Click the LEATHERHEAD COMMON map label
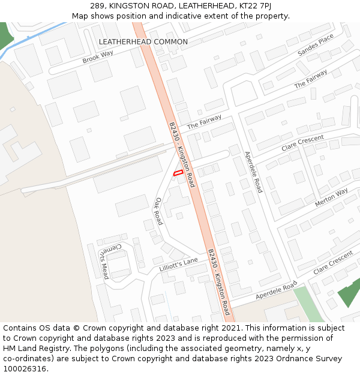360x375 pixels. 143,42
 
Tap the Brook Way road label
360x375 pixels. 98,57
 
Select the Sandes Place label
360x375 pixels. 316,46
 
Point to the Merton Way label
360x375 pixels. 331,197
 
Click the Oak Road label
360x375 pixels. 159,211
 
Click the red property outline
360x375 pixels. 178,173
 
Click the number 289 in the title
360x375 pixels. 98,5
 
